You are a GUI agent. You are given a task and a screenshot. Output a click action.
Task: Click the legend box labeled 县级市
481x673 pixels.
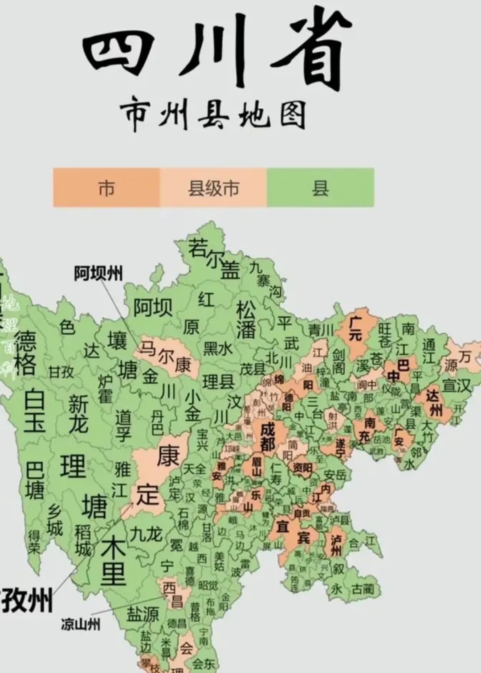(x=213, y=188)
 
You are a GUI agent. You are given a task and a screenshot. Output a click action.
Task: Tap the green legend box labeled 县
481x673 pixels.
(x=320, y=188)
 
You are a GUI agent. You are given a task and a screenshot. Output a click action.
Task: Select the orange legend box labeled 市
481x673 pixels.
(x=106, y=188)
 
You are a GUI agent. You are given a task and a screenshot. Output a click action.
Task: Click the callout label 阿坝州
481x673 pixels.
(x=98, y=273)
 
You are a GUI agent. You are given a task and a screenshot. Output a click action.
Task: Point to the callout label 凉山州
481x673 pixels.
(x=81, y=624)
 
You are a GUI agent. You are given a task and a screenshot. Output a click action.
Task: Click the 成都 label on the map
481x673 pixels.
(x=268, y=436)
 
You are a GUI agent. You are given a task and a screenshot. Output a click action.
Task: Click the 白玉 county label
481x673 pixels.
(x=35, y=410)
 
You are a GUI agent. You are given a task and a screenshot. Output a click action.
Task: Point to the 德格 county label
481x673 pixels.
(x=25, y=353)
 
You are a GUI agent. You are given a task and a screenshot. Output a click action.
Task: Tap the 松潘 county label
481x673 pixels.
(x=246, y=319)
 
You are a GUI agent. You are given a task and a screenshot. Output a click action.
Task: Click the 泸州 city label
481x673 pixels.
(x=336, y=545)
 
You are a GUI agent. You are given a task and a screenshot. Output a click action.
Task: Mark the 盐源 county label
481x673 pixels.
(x=143, y=614)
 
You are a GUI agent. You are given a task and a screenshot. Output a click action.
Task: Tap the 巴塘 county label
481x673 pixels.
(x=34, y=480)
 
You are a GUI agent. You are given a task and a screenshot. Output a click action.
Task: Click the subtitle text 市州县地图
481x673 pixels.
(x=213, y=115)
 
